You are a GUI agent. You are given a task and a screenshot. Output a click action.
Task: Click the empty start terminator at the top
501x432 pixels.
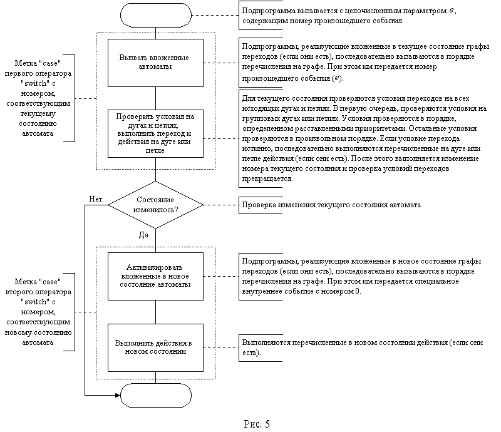(x=155, y=15)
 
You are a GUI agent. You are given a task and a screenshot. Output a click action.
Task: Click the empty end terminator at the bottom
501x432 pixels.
(x=155, y=395)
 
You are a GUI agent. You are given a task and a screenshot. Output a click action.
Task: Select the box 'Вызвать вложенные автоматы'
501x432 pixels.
(x=155, y=63)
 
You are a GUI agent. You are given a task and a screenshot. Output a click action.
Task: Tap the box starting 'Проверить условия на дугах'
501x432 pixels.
(x=155, y=133)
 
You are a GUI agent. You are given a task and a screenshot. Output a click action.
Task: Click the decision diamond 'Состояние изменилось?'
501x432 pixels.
(x=155, y=205)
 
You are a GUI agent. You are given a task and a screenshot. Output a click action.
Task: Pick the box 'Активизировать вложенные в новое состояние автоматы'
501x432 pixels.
(x=155, y=276)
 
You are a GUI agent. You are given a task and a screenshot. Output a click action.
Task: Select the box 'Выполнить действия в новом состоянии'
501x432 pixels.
(x=155, y=347)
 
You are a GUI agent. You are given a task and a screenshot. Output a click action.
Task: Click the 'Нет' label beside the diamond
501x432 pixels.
(x=96, y=199)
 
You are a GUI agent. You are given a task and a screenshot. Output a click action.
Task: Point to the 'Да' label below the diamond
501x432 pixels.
(x=143, y=235)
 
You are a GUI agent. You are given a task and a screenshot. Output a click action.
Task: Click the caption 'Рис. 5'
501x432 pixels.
(x=257, y=424)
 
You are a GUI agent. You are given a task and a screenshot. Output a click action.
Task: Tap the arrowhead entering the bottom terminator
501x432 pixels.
(x=118, y=395)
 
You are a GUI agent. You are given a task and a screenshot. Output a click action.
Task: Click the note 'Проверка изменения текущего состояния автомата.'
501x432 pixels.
(x=332, y=205)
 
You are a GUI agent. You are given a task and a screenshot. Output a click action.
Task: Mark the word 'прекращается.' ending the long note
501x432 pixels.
(x=267, y=178)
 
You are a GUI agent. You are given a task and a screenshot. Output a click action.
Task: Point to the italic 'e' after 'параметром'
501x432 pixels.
(x=452, y=11)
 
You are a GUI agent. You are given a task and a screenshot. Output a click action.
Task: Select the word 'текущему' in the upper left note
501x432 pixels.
(x=38, y=114)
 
